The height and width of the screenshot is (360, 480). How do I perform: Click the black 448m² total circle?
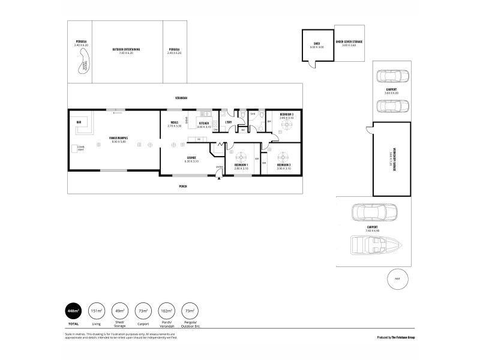tap(73, 311)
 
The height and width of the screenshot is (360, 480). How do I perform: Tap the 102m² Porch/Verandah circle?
tap(167, 311)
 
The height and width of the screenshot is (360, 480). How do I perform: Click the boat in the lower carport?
tap(370, 245)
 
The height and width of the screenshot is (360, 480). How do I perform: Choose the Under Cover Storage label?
tap(349, 43)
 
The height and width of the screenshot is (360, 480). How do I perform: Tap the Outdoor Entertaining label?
tap(126, 49)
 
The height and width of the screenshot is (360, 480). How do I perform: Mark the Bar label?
tap(79, 122)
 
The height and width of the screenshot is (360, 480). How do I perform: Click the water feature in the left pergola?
tap(82, 65)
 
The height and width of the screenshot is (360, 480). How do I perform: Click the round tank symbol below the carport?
tap(397, 279)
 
